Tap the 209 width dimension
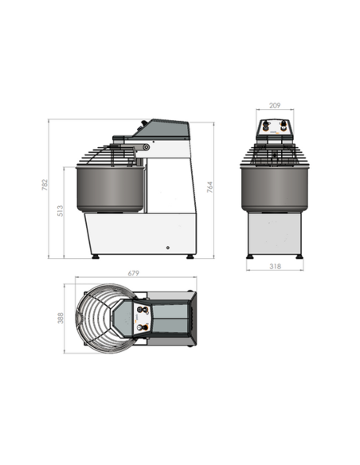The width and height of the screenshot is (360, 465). tap(275, 104)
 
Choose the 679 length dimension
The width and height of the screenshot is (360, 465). tap(133, 274)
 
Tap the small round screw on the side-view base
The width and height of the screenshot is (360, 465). tap(166, 246)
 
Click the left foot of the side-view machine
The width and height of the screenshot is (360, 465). tap(96, 256)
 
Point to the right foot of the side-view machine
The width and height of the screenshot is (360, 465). tap(190, 256)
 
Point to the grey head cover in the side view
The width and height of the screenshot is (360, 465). tap(163, 130)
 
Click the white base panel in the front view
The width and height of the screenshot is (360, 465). tap(275, 234)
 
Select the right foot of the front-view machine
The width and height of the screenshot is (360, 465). tap(299, 256)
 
